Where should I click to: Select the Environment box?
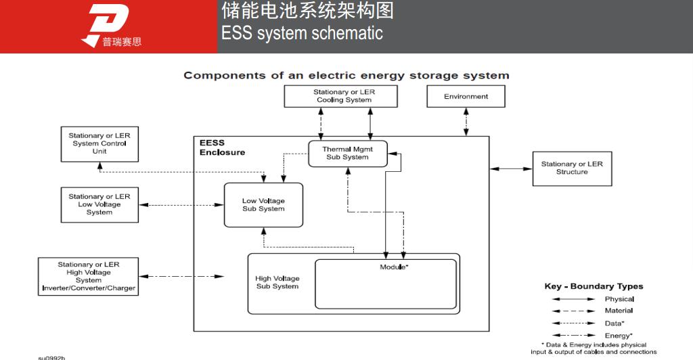466,97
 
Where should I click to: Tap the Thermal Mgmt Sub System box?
346,153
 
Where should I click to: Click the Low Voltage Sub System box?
263,204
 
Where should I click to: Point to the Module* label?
394,267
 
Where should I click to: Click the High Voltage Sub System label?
277,282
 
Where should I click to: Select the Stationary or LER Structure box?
571,168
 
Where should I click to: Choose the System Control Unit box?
99,143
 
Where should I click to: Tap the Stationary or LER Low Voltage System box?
99,204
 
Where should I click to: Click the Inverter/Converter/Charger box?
89,276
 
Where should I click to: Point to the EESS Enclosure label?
222,148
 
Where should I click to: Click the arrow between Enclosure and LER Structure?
511,168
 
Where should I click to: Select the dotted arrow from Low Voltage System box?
181,204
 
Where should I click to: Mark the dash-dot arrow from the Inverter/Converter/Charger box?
181,276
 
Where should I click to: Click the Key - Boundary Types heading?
594,286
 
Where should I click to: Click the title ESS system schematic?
302,33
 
